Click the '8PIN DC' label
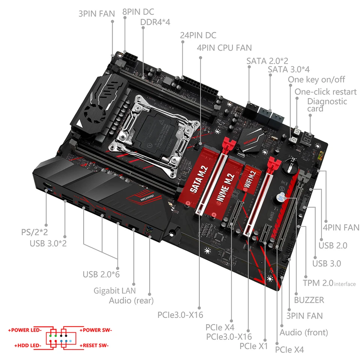pyautogui.click(x=138, y=12)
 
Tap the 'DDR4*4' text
pyautogui.click(x=155, y=22)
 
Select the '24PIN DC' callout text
pyautogui.click(x=198, y=35)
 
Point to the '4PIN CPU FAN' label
pyautogui.click(x=224, y=48)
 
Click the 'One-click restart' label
pyautogui.click(x=325, y=91)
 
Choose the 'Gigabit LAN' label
pyautogui.click(x=114, y=290)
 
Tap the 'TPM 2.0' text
pyautogui.click(x=318, y=283)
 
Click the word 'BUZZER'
pyautogui.click(x=309, y=300)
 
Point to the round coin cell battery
pyautogui.click(x=289, y=165)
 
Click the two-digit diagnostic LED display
pyautogui.click(x=309, y=138)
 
